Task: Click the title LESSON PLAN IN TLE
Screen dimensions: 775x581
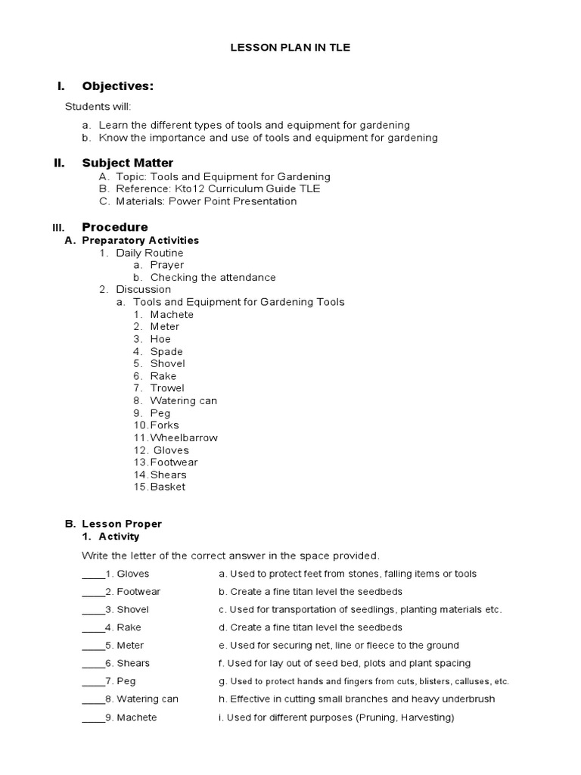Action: coord(290,48)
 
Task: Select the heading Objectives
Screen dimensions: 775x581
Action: coord(123,86)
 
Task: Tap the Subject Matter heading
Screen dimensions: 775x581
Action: coord(127,163)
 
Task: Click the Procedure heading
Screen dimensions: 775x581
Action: coord(115,227)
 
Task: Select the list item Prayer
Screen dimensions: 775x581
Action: coord(166,265)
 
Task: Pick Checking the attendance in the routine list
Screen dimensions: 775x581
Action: coord(213,277)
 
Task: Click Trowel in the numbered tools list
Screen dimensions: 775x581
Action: coord(166,388)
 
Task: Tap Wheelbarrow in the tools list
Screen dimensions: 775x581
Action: coord(184,437)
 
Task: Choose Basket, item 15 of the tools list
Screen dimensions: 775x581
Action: coord(167,487)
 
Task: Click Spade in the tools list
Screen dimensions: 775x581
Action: coord(166,351)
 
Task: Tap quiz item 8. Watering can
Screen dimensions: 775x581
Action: coord(147,699)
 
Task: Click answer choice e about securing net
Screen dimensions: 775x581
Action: coord(338,646)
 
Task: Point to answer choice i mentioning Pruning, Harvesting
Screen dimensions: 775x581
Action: coord(336,717)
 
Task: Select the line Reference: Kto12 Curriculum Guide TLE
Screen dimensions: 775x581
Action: coord(218,188)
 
